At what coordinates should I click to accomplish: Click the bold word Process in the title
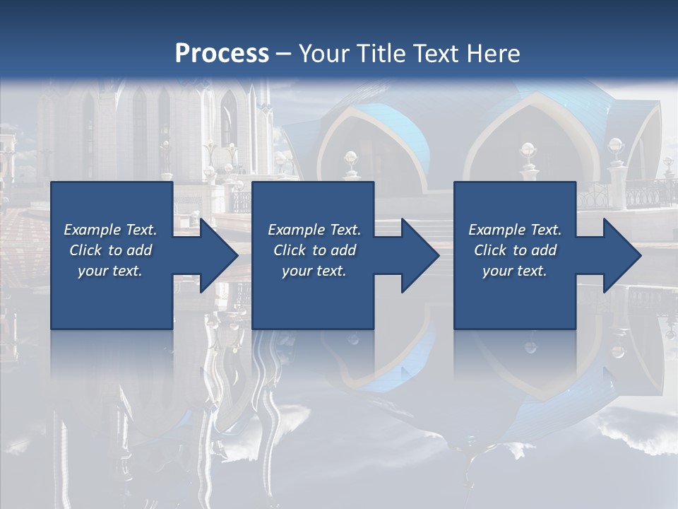[x=222, y=53]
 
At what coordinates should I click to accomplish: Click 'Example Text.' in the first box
[x=110, y=230]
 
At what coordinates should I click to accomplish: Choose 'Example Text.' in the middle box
[x=314, y=230]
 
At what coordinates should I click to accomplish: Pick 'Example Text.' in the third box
[x=515, y=230]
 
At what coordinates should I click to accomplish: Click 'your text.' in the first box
[x=110, y=271]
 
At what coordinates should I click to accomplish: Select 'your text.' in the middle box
[x=314, y=271]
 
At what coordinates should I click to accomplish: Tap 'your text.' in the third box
[x=515, y=271]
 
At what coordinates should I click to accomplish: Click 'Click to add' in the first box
[x=110, y=250]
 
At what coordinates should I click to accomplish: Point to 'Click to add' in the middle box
[x=314, y=250]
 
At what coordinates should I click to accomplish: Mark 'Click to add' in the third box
[x=515, y=250]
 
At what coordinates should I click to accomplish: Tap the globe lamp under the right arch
[x=528, y=149]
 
